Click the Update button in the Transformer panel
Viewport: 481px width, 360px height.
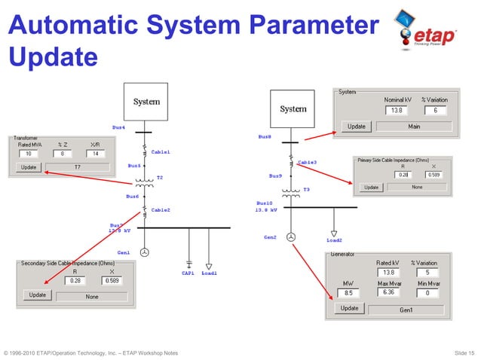(28, 167)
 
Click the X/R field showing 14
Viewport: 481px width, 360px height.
(95, 154)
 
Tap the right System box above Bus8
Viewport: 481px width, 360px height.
(293, 109)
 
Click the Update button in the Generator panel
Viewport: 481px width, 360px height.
(349, 309)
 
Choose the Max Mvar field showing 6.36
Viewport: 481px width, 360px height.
(388, 292)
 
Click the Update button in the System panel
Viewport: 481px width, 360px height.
(357, 126)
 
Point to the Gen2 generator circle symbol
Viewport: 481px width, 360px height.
(292, 238)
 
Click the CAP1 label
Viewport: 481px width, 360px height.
(188, 273)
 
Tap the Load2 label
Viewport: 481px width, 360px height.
(334, 241)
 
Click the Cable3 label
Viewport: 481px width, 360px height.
(307, 162)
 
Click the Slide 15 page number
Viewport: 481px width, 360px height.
(463, 352)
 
